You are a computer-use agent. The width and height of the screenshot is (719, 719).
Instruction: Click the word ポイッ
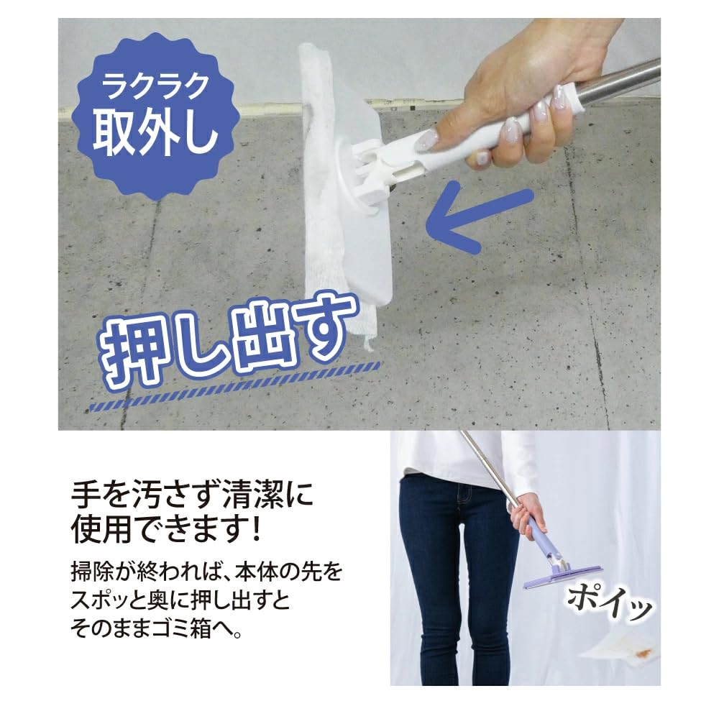click(x=610, y=600)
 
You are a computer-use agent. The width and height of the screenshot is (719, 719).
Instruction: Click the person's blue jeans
click(x=446, y=575)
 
